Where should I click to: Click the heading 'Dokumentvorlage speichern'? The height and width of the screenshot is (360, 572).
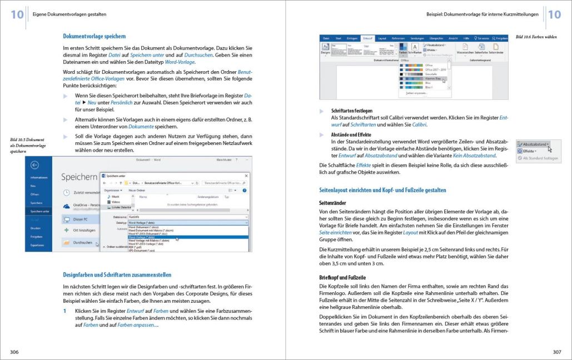94,36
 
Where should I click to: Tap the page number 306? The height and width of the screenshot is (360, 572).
14,352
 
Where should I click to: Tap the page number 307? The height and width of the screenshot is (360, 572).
556,352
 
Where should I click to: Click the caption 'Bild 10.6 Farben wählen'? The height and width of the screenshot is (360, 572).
536,37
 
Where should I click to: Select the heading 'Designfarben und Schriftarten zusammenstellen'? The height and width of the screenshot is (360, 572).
117,274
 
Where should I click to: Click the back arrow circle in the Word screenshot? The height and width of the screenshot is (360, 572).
35,165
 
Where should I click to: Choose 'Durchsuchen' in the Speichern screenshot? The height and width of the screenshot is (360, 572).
82,243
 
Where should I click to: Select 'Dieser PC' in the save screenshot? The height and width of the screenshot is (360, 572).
83,219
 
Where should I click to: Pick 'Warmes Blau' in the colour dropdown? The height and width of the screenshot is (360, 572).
432,78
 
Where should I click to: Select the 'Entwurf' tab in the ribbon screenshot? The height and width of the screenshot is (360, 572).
367,38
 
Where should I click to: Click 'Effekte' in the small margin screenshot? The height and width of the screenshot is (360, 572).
528,151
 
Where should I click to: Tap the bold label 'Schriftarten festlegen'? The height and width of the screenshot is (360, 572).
351,111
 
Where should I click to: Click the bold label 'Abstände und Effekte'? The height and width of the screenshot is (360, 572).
351,135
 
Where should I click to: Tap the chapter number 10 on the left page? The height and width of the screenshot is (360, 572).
17,14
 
